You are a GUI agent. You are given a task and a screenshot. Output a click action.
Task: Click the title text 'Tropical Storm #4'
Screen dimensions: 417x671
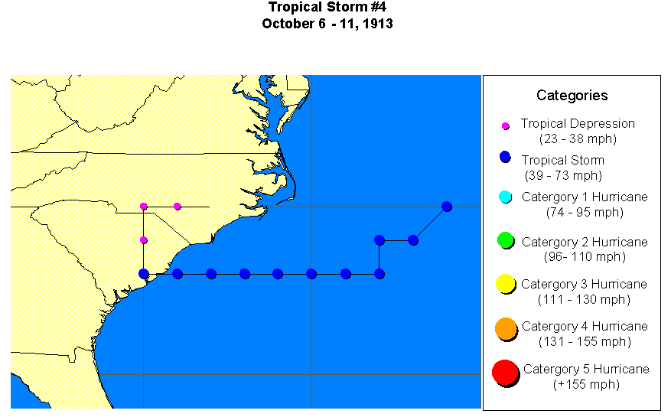(327, 8)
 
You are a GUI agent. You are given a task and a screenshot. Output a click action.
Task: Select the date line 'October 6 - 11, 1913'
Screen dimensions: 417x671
(327, 24)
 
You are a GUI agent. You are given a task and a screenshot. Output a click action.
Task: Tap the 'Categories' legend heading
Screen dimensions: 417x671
(572, 96)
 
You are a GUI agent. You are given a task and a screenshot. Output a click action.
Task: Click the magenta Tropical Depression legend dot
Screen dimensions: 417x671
(505, 125)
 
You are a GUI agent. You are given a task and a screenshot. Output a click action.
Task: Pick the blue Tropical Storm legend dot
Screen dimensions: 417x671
(504, 157)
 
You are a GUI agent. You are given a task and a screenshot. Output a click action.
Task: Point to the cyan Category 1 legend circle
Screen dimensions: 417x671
(505, 197)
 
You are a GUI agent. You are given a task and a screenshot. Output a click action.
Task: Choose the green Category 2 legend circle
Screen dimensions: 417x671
(505, 240)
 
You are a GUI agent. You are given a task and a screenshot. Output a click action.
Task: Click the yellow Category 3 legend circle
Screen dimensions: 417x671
(505, 284)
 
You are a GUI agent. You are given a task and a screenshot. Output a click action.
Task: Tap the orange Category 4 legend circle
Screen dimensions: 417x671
(505, 327)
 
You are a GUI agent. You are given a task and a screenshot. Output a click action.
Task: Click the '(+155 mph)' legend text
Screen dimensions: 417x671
(586, 384)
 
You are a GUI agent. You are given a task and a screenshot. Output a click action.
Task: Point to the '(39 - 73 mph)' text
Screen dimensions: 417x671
(563, 175)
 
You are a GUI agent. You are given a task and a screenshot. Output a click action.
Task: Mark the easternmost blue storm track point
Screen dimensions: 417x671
(447, 207)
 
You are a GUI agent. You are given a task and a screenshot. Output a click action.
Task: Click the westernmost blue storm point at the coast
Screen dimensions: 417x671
(144, 274)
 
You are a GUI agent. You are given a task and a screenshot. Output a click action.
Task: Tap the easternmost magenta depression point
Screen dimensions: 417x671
(178, 207)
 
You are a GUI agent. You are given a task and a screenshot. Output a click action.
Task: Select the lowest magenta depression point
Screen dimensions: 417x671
(144, 240)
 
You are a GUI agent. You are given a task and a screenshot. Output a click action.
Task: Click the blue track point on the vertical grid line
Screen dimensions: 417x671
(311, 274)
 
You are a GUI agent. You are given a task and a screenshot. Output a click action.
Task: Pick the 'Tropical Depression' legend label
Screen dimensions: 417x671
(578, 123)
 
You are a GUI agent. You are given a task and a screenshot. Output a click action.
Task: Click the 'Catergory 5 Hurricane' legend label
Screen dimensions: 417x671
(586, 370)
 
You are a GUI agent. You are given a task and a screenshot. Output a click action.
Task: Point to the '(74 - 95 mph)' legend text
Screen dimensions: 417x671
(585, 212)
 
